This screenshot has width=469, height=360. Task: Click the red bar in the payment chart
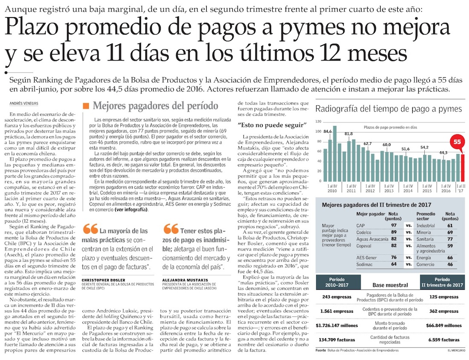coord(462,167)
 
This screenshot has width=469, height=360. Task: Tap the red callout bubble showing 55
coord(457,141)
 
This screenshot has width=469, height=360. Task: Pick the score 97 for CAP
coord(394,225)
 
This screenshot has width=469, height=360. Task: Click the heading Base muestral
coord(390,285)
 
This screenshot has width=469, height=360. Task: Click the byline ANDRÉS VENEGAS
coord(24,104)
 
